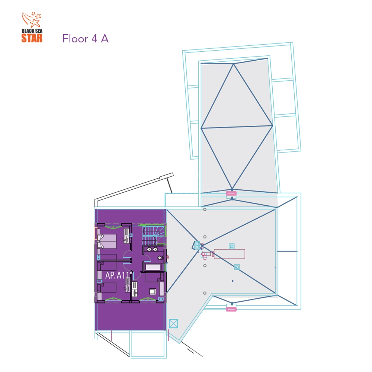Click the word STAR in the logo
tap(32, 38)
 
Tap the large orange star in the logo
tap(35, 23)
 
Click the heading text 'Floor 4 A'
tap(86, 39)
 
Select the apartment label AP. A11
tap(118, 275)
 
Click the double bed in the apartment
tap(107, 241)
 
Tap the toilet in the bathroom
tap(161, 258)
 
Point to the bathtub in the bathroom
tap(153, 267)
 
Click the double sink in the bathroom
tap(152, 249)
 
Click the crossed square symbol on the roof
tap(173, 324)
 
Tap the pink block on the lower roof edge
tap(231, 309)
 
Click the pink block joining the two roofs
tap(231, 193)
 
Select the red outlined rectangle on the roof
tap(230, 254)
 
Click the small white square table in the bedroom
tap(152, 292)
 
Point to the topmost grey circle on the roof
tap(205, 209)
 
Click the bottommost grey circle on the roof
tap(205, 293)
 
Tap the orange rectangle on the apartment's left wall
tap(96, 233)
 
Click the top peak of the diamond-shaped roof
tap(234, 64)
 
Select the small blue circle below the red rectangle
tap(232, 281)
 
